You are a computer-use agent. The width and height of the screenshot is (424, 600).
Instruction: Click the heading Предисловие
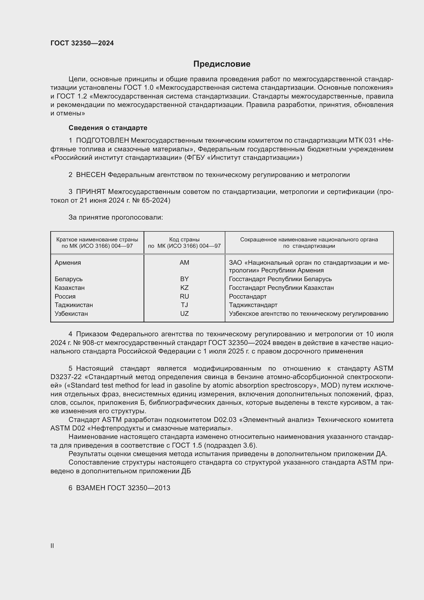click(222, 64)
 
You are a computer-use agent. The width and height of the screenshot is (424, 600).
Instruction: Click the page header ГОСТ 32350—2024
click(82, 43)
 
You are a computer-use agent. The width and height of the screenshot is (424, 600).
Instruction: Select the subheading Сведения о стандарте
click(108, 128)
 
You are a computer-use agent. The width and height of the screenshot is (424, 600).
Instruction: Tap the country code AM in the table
click(184, 263)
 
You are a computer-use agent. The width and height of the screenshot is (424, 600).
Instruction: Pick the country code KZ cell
click(184, 288)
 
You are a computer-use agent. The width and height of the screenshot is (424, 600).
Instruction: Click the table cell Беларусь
click(68, 279)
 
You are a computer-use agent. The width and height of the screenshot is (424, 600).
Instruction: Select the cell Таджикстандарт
click(253, 305)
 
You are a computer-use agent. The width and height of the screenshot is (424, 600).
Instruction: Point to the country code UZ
click(184, 313)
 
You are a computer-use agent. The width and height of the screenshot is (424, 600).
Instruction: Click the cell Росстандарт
click(248, 296)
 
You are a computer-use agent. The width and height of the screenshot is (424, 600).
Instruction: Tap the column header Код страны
click(184, 240)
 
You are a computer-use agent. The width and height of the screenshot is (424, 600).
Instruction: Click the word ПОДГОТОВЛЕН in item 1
click(102, 141)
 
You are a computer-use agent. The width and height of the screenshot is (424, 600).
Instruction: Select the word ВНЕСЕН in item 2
click(90, 175)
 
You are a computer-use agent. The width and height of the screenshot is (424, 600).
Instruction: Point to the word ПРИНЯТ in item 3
click(90, 192)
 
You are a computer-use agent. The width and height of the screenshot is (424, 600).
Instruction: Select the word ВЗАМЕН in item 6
click(90, 488)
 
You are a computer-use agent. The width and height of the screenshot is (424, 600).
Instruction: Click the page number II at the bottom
click(52, 546)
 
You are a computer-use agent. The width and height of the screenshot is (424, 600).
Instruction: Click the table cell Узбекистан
click(71, 313)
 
